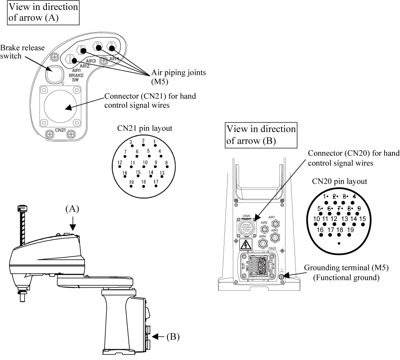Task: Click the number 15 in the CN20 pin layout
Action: point(362,219)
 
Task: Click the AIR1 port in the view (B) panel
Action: point(272,224)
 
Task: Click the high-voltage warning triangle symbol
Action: point(246,244)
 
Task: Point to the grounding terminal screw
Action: point(282,276)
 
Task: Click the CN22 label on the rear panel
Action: point(272,248)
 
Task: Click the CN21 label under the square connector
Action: point(60,130)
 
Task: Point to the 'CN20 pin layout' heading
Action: point(339,181)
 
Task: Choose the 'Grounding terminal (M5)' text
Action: point(346,268)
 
